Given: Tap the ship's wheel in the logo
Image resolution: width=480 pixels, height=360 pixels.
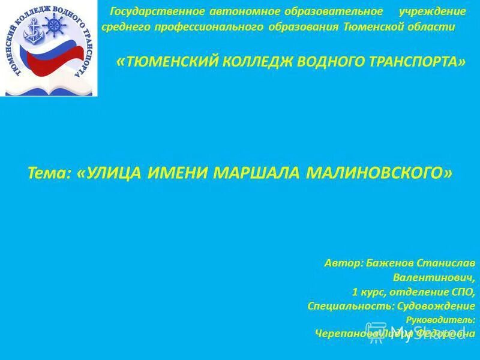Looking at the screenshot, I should point(55,26).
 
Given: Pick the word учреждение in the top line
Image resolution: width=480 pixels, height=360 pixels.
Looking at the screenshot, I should point(433,12).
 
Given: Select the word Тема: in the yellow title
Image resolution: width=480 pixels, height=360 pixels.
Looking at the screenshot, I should point(50,173).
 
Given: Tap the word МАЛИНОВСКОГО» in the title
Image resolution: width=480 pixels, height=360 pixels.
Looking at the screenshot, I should point(379,173).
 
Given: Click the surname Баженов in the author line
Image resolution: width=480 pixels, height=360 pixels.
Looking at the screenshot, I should point(386,263).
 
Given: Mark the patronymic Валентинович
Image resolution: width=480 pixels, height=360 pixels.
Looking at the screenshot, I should point(434,278).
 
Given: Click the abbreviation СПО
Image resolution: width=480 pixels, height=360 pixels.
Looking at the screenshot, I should point(463,292).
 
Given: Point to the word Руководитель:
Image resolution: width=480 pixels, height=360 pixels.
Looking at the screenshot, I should point(440,320).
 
